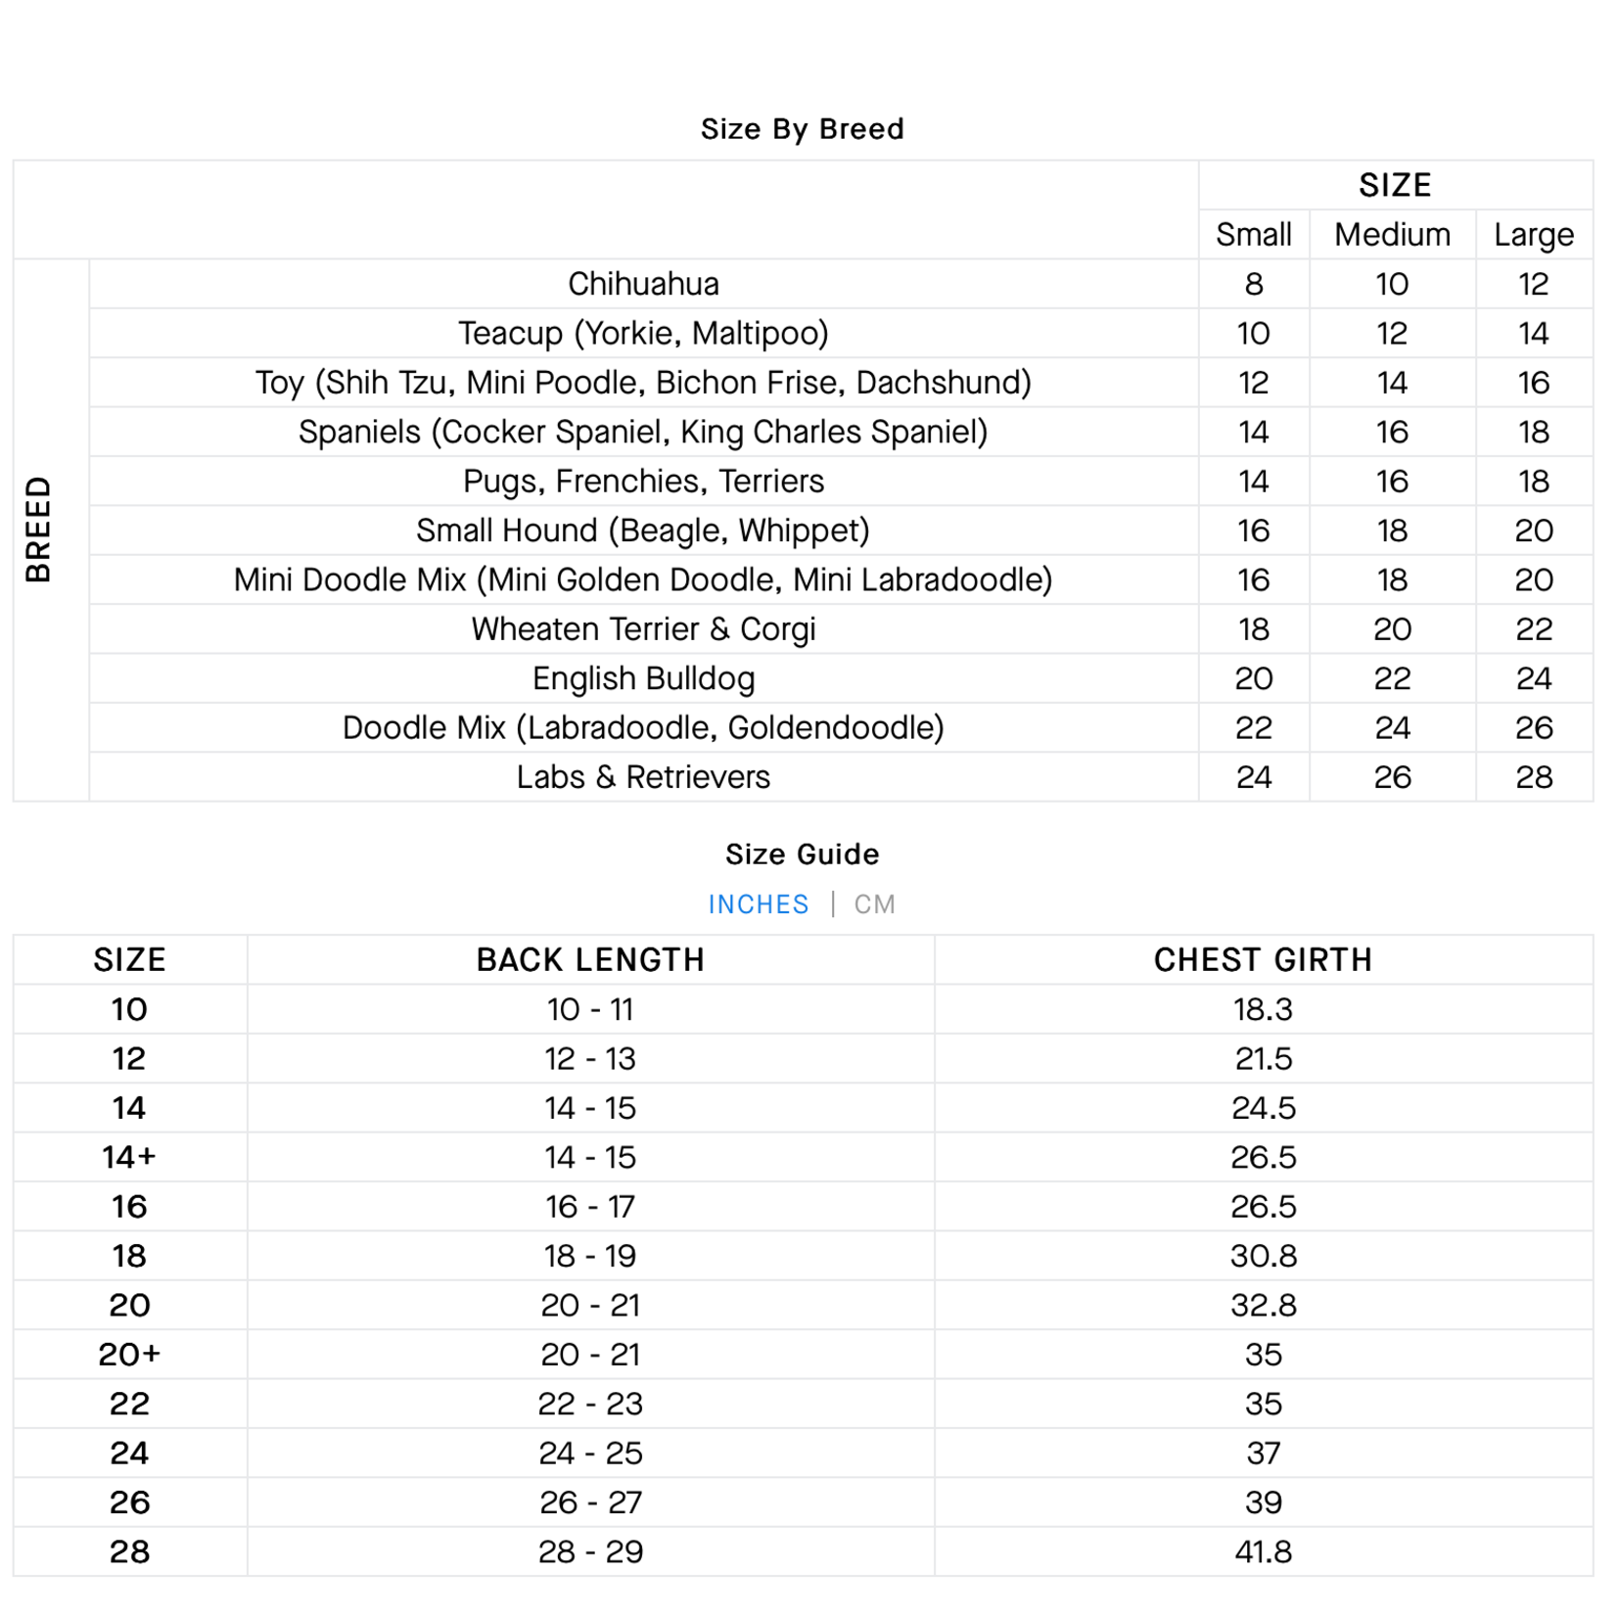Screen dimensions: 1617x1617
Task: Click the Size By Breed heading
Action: [x=802, y=129]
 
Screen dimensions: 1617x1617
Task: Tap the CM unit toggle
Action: [x=874, y=904]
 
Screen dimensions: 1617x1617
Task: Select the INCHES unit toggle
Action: [x=759, y=904]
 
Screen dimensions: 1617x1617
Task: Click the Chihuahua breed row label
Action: [x=643, y=284]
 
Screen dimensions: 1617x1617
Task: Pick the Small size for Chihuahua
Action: [x=1253, y=284]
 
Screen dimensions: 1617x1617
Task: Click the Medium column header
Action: [x=1392, y=235]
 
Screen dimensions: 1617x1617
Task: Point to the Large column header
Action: [x=1533, y=235]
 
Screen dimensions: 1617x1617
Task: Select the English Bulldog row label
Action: [x=643, y=678]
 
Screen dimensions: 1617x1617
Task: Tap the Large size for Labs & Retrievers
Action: [x=1533, y=777]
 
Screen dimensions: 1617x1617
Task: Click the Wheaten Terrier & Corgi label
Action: [x=643, y=629]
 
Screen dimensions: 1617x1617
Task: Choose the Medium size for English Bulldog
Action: [x=1392, y=678]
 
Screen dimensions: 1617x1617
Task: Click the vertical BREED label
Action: [x=38, y=530]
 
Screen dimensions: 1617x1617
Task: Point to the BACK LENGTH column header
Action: [x=590, y=960]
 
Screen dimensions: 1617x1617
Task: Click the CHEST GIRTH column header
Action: [x=1263, y=960]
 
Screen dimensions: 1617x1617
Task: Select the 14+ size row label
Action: [x=129, y=1157]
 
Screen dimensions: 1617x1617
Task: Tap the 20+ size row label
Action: [x=129, y=1355]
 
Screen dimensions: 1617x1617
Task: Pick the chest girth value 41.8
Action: [x=1263, y=1551]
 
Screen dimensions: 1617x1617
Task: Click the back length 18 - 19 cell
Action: [x=590, y=1256]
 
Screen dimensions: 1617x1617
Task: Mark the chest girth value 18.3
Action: [x=1263, y=1009]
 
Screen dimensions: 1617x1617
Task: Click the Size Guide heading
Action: [x=802, y=855]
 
